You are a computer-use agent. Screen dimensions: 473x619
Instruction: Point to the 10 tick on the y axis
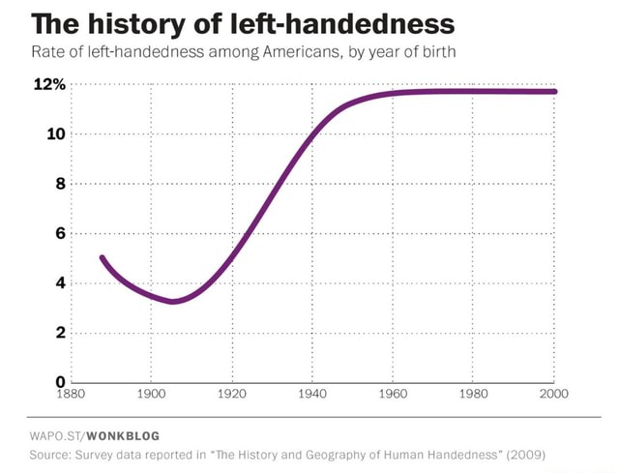[55, 134]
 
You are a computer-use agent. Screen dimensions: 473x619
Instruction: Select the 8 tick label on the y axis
[60, 184]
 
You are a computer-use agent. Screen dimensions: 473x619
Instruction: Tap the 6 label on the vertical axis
[60, 233]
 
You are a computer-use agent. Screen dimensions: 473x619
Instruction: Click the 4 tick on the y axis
[60, 283]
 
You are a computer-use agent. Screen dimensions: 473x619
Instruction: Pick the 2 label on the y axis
[60, 333]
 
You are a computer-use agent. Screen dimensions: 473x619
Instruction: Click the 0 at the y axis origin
[60, 382]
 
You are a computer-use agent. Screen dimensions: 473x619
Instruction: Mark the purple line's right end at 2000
[554, 91]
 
